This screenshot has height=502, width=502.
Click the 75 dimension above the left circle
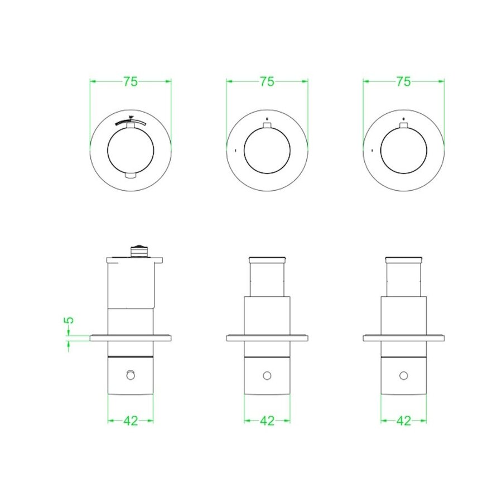(x=130, y=81)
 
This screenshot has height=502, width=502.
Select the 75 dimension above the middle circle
(x=267, y=81)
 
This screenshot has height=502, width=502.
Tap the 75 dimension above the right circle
(x=403, y=81)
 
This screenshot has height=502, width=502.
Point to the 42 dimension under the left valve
(x=130, y=421)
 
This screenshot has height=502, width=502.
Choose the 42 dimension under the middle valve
(x=267, y=421)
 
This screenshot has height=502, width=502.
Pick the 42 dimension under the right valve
(x=403, y=421)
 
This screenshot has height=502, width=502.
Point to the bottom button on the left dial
(x=130, y=176)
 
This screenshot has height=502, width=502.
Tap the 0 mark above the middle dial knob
(x=267, y=119)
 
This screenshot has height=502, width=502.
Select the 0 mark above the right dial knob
(x=403, y=119)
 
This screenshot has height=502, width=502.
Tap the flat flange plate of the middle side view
(x=267, y=337)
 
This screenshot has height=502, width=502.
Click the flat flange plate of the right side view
(x=403, y=337)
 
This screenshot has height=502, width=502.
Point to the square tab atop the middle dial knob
(x=267, y=128)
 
